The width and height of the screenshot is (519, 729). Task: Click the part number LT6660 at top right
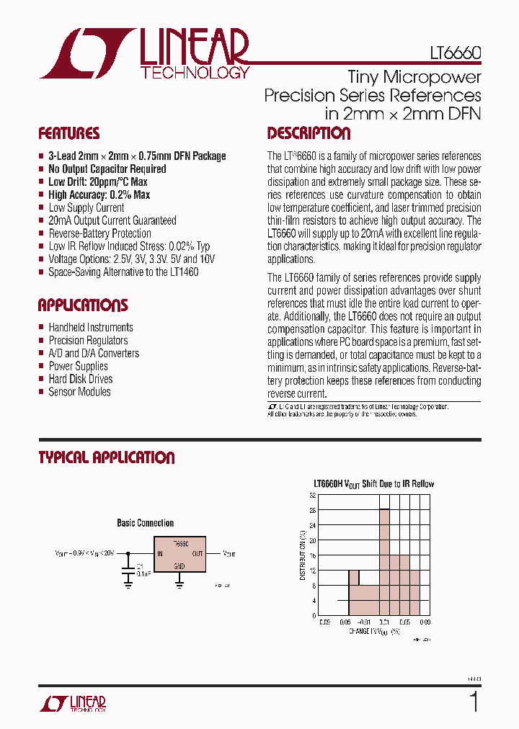pos(451,54)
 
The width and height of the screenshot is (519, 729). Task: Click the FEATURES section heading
pos(68,134)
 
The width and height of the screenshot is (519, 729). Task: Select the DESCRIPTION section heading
pos(309,134)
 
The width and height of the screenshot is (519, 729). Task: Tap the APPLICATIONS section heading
pos(82,305)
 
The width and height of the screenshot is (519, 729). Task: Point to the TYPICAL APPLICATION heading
pos(106,457)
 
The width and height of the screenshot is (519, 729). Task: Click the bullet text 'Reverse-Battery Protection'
pos(99,233)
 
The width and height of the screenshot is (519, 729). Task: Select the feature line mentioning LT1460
pos(123,272)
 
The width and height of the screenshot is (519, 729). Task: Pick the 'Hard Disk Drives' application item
pos(80,379)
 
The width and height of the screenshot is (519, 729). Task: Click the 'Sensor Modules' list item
pos(79,392)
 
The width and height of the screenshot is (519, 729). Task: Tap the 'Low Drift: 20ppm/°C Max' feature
pos(97,182)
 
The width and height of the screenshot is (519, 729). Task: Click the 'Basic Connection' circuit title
pos(145,523)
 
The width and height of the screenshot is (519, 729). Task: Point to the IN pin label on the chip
pos(159,554)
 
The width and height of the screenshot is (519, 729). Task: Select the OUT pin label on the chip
pos(198,554)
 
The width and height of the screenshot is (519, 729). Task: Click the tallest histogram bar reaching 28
pos(384,562)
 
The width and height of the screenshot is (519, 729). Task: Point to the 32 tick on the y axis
pos(313,496)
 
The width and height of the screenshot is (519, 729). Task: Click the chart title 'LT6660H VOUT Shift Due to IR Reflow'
pos(373,483)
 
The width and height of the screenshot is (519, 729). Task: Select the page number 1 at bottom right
pos(473,702)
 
